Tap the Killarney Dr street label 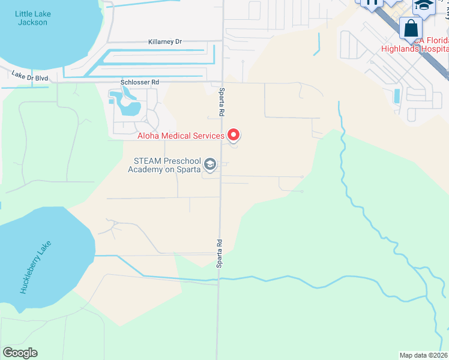click(164, 42)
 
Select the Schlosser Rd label click(139, 82)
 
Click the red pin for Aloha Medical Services click(234, 135)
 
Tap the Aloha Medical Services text click(180, 136)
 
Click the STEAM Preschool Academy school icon click(210, 164)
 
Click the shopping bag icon click(411, 28)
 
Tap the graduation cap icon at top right click(424, 5)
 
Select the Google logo click(20, 353)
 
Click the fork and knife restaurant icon click(371, 3)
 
